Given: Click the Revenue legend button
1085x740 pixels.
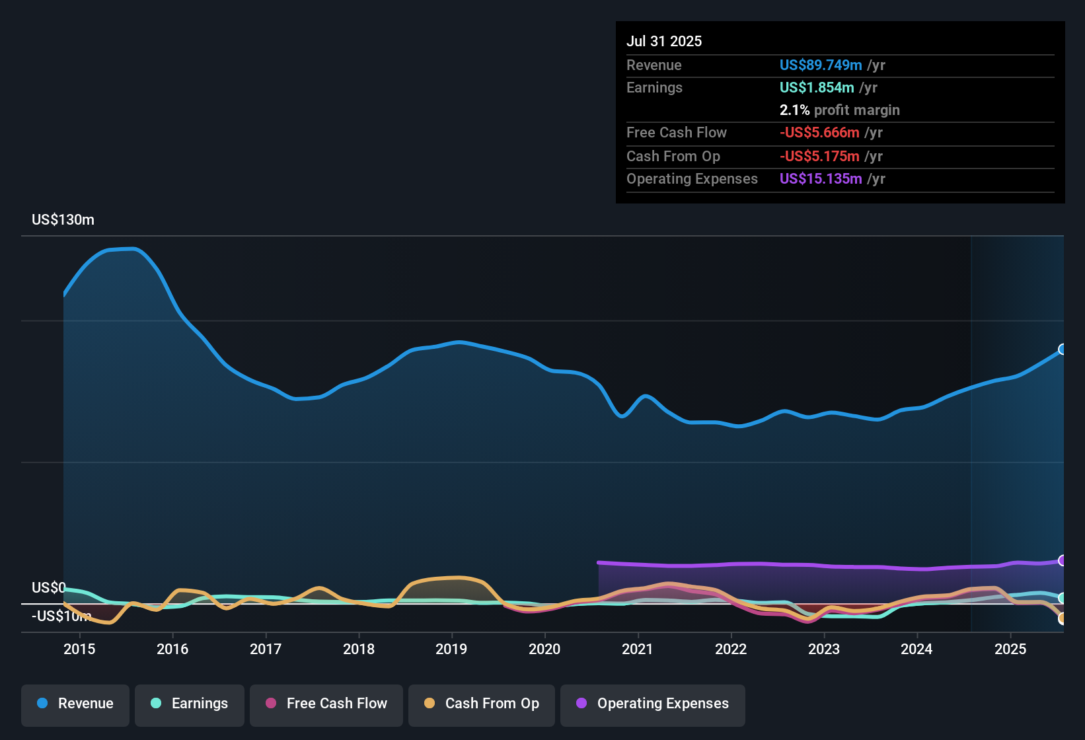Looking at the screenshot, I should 75,704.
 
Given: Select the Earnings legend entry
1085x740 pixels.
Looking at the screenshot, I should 190,704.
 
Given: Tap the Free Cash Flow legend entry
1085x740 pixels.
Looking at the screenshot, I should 326,704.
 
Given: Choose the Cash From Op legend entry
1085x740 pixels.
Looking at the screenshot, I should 482,704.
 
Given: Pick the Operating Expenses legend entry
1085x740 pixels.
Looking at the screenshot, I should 653,704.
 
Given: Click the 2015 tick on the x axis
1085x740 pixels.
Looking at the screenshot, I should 79,649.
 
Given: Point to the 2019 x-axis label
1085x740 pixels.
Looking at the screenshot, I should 451,649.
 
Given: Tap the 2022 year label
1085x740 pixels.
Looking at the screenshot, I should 731,649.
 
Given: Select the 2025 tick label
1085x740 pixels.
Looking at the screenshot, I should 1010,649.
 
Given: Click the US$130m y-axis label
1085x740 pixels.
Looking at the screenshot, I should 63,220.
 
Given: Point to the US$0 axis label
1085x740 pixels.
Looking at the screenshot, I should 49,588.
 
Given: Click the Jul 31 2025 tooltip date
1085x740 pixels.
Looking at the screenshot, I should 664,41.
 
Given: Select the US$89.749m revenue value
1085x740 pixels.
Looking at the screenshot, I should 821,65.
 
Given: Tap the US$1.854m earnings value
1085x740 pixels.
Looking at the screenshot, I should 817,87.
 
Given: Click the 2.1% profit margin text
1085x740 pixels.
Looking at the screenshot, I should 839,110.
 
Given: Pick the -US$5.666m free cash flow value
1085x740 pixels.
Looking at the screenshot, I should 819,132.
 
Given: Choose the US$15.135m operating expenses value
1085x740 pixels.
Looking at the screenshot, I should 821,179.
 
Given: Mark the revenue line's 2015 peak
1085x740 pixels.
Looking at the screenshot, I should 132,249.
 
